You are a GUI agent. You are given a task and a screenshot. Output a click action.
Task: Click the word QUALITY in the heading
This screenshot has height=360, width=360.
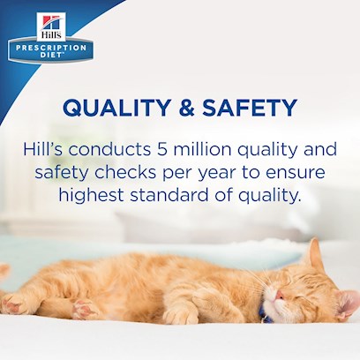coord(116,108)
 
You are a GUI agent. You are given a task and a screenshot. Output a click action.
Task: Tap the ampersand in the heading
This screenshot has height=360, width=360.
coord(187,108)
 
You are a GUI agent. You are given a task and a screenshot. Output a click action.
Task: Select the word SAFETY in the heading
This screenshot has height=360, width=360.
coord(250,108)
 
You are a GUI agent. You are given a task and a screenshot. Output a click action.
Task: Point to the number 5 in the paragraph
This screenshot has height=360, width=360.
coord(161,149)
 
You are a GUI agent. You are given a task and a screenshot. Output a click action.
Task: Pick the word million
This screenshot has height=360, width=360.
coord(202,149)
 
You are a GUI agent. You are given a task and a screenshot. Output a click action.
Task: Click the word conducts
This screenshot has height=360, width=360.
coord(109,149)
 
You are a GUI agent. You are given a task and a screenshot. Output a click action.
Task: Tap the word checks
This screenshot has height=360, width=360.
coord(125,172)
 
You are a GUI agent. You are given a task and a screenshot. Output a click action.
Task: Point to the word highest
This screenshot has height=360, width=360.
coord(91,196)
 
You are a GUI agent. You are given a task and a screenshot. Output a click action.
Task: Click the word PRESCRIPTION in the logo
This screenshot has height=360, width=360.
coord(51,48)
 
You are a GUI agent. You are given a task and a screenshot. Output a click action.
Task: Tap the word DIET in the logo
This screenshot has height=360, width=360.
coord(51,55)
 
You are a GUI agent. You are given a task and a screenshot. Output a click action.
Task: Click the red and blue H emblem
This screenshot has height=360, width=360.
coord(51,23)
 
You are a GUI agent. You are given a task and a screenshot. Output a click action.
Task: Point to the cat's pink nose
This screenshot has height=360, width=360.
coord(280,294)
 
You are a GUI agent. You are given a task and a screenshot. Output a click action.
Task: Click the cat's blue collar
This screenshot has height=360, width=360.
coord(264,313)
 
